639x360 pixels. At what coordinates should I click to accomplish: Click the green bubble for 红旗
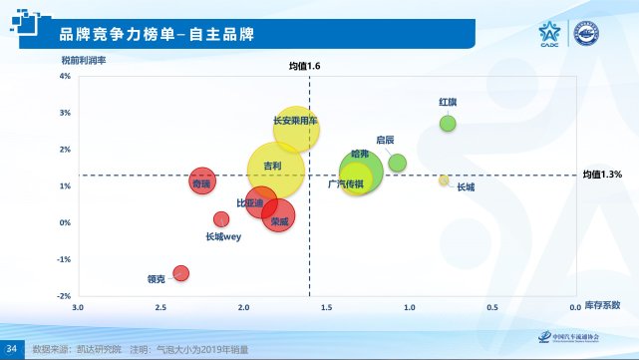(x=448, y=124)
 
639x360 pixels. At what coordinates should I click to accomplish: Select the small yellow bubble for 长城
(x=444, y=180)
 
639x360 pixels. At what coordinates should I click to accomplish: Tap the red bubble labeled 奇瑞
(x=202, y=180)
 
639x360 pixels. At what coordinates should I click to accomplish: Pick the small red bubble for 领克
(x=180, y=272)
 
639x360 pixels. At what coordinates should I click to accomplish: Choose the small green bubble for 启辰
(x=397, y=163)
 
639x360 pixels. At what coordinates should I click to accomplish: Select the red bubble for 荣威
(x=279, y=213)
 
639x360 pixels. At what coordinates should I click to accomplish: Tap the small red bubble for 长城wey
(x=221, y=219)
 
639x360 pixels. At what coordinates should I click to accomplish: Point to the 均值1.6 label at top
(x=304, y=65)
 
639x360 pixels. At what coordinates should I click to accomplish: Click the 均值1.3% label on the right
(x=602, y=175)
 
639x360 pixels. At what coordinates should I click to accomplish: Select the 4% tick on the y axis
(x=64, y=76)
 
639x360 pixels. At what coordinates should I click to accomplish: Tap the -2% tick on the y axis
(x=63, y=296)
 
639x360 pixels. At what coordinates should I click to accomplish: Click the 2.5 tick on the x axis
(x=160, y=307)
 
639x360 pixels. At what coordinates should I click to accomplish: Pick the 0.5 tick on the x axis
(x=491, y=307)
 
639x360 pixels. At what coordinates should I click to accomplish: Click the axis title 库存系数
(x=602, y=304)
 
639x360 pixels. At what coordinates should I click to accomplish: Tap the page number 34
(x=12, y=349)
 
